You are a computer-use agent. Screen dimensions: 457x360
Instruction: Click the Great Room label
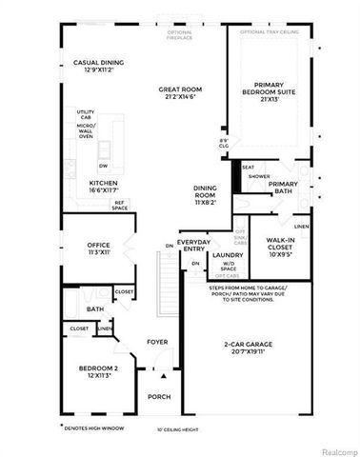point(177,92)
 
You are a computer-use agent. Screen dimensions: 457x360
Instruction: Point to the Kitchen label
point(103,187)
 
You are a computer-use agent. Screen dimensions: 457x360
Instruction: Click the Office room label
point(100,248)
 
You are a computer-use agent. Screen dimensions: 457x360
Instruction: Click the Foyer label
point(157,343)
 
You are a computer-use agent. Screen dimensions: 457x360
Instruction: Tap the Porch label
point(157,397)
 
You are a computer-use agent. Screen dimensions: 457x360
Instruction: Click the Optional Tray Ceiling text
point(271,31)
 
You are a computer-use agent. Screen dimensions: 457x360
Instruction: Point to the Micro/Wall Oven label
point(85,128)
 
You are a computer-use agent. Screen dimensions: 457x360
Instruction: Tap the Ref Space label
point(120,204)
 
